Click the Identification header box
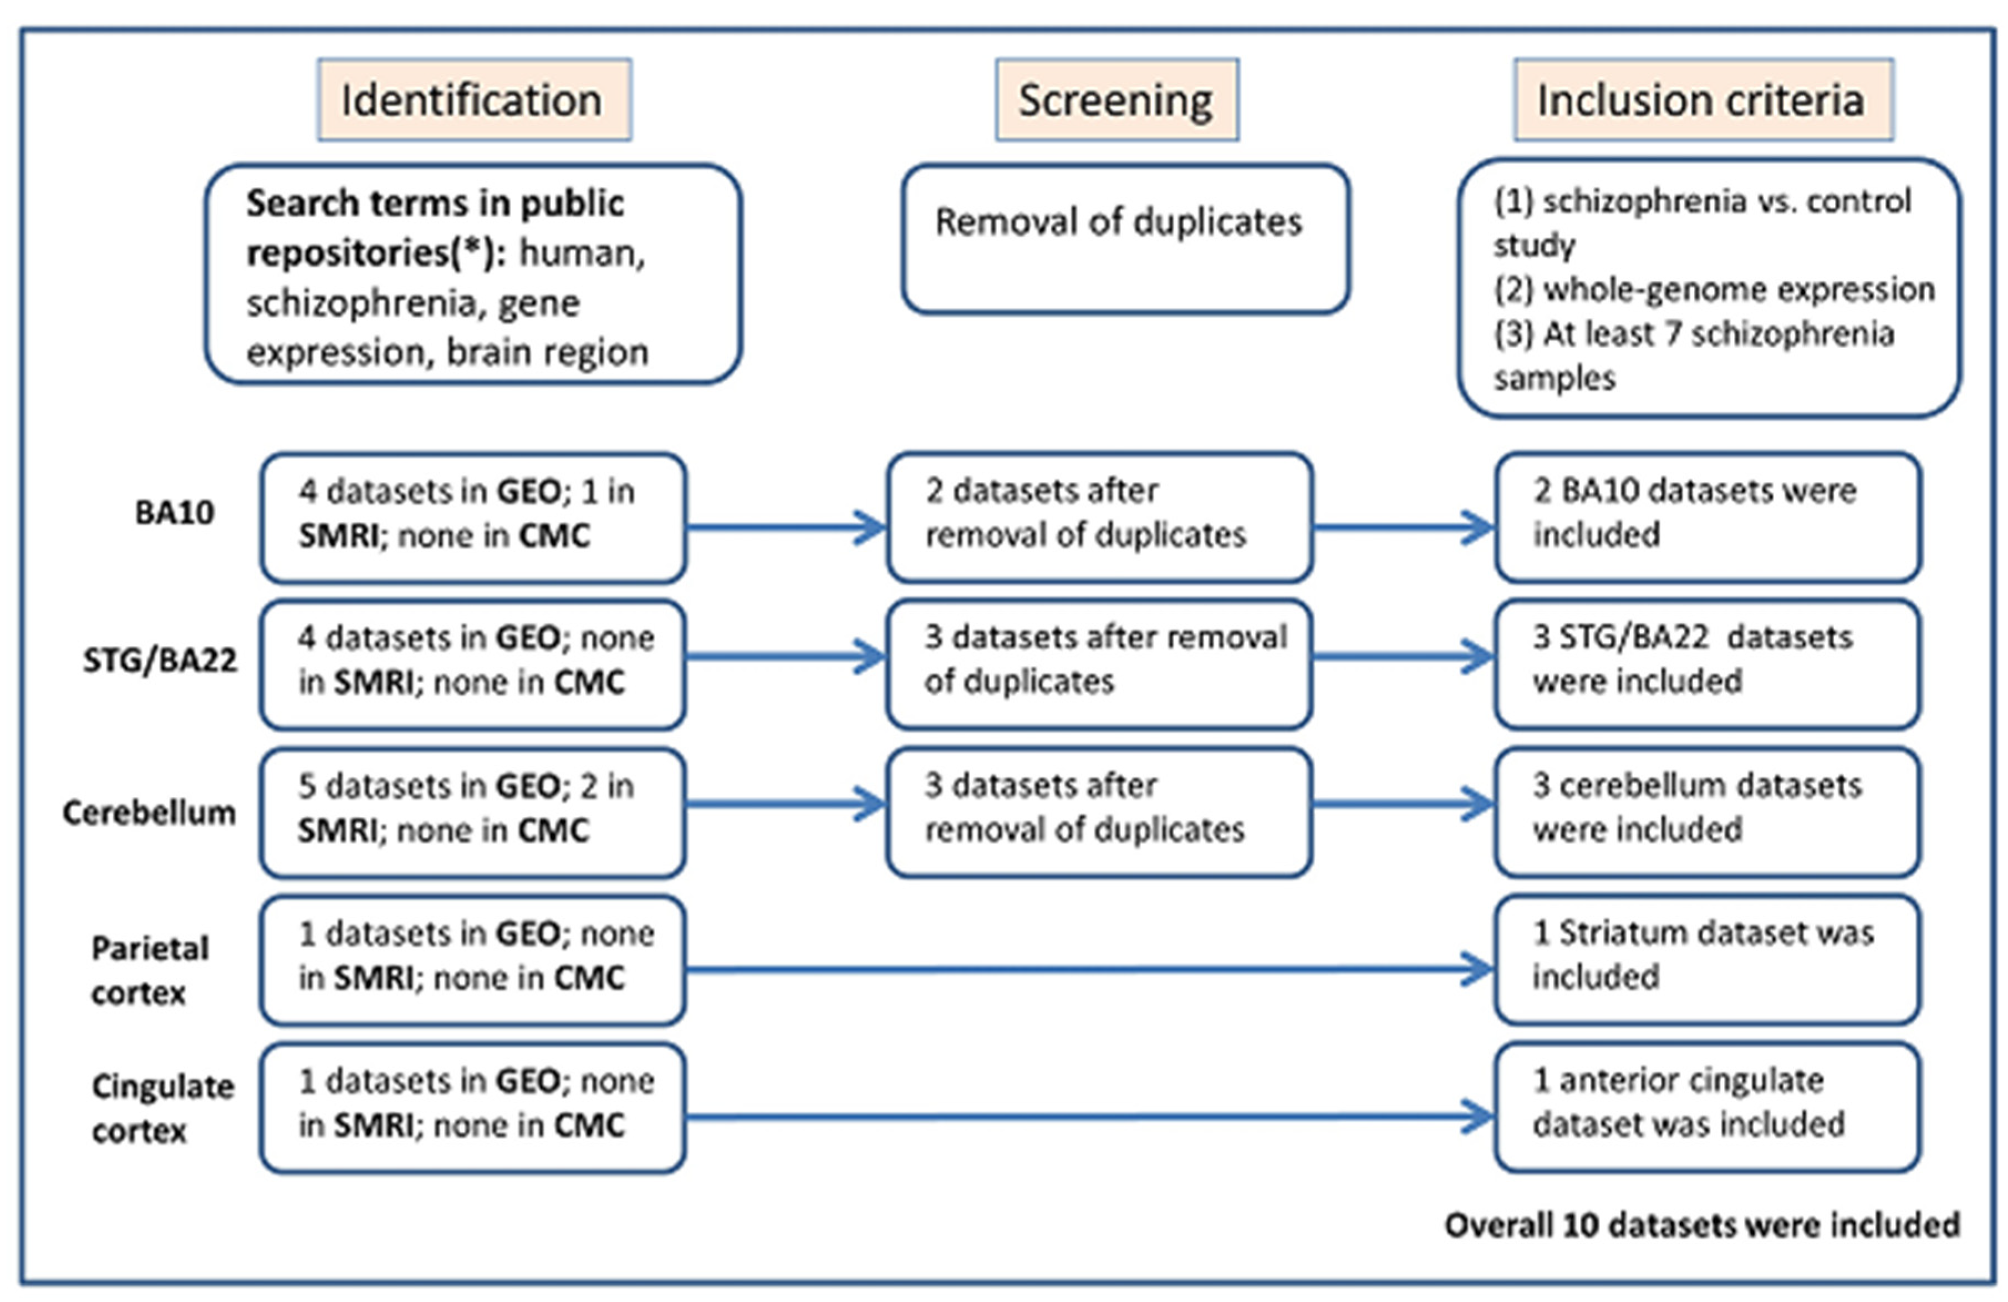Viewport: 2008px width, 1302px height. tap(474, 100)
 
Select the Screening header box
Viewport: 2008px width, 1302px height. tap(1116, 100)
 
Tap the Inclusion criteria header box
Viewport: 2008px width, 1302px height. tap(1703, 100)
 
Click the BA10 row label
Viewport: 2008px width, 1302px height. tap(175, 512)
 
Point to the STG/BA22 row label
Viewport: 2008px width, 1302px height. tap(160, 660)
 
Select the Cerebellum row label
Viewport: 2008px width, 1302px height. tap(149, 812)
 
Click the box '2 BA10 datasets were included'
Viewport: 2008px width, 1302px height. tap(1708, 516)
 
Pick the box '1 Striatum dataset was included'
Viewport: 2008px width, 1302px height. tap(1708, 959)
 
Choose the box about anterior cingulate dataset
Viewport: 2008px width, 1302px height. tap(1708, 1106)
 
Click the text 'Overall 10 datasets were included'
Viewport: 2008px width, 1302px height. tap(1702, 1224)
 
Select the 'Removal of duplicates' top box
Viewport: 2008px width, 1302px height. tap(1125, 239)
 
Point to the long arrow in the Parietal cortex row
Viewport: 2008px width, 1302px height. tap(1088, 969)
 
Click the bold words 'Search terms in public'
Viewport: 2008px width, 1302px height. tap(435, 204)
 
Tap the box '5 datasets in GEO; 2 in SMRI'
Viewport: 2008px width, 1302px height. tap(472, 812)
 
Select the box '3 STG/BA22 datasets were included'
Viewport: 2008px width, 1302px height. tap(1708, 663)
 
